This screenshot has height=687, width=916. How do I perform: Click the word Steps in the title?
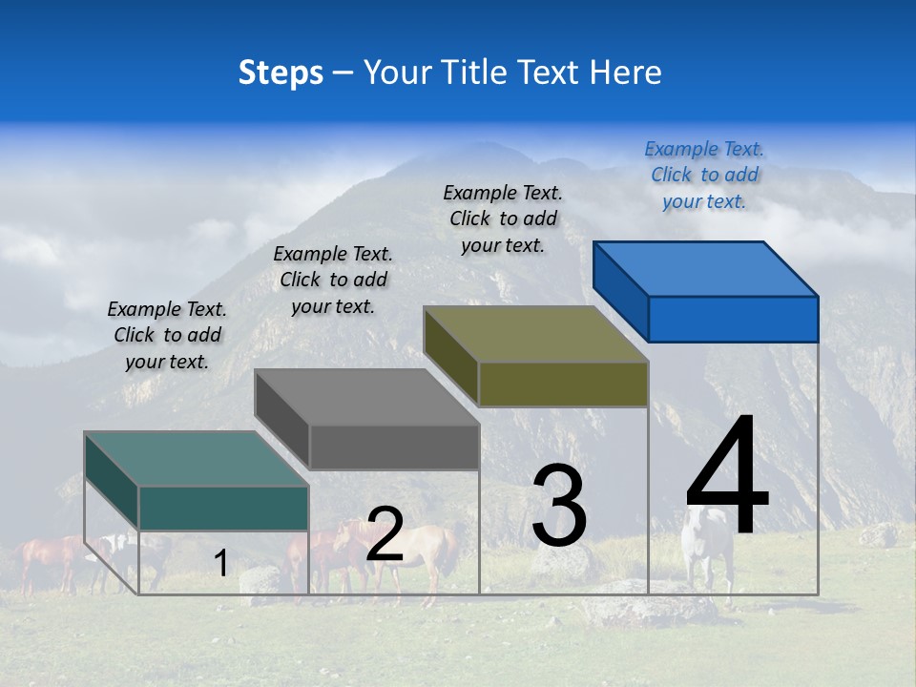point(281,73)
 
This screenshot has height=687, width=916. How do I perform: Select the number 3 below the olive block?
point(559,506)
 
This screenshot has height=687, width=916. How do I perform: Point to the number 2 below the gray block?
point(385,534)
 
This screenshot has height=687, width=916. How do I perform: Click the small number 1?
point(220,563)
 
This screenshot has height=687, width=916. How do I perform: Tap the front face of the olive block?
point(563,384)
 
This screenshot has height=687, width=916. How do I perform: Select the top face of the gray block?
point(367,396)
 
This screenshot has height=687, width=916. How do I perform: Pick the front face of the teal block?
point(223,508)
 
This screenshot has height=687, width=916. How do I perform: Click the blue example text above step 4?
point(704,175)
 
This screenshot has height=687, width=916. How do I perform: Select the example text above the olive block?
point(503,219)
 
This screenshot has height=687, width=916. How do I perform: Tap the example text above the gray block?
point(333,280)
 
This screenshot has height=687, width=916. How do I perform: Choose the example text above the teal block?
point(167,335)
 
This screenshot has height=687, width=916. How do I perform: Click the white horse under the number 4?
point(707,544)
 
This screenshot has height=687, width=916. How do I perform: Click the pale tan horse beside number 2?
point(434,553)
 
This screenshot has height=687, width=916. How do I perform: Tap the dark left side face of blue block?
point(620,291)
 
